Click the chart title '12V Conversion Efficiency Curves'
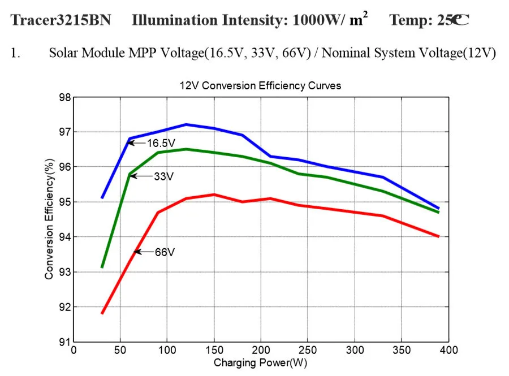click(260, 86)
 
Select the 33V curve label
click(163, 176)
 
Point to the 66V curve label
click(165, 252)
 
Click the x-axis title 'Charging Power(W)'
click(260, 363)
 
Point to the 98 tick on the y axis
click(66, 97)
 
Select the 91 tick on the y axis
click(66, 342)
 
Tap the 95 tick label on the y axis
click(66, 202)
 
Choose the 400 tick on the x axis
click(448, 351)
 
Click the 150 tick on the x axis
click(214, 351)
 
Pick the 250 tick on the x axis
click(308, 351)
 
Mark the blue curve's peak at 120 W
click(186, 124)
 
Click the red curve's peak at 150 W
click(214, 195)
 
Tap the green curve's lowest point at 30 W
click(102, 267)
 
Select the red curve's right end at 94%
click(438, 236)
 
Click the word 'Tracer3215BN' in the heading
click(61, 21)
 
